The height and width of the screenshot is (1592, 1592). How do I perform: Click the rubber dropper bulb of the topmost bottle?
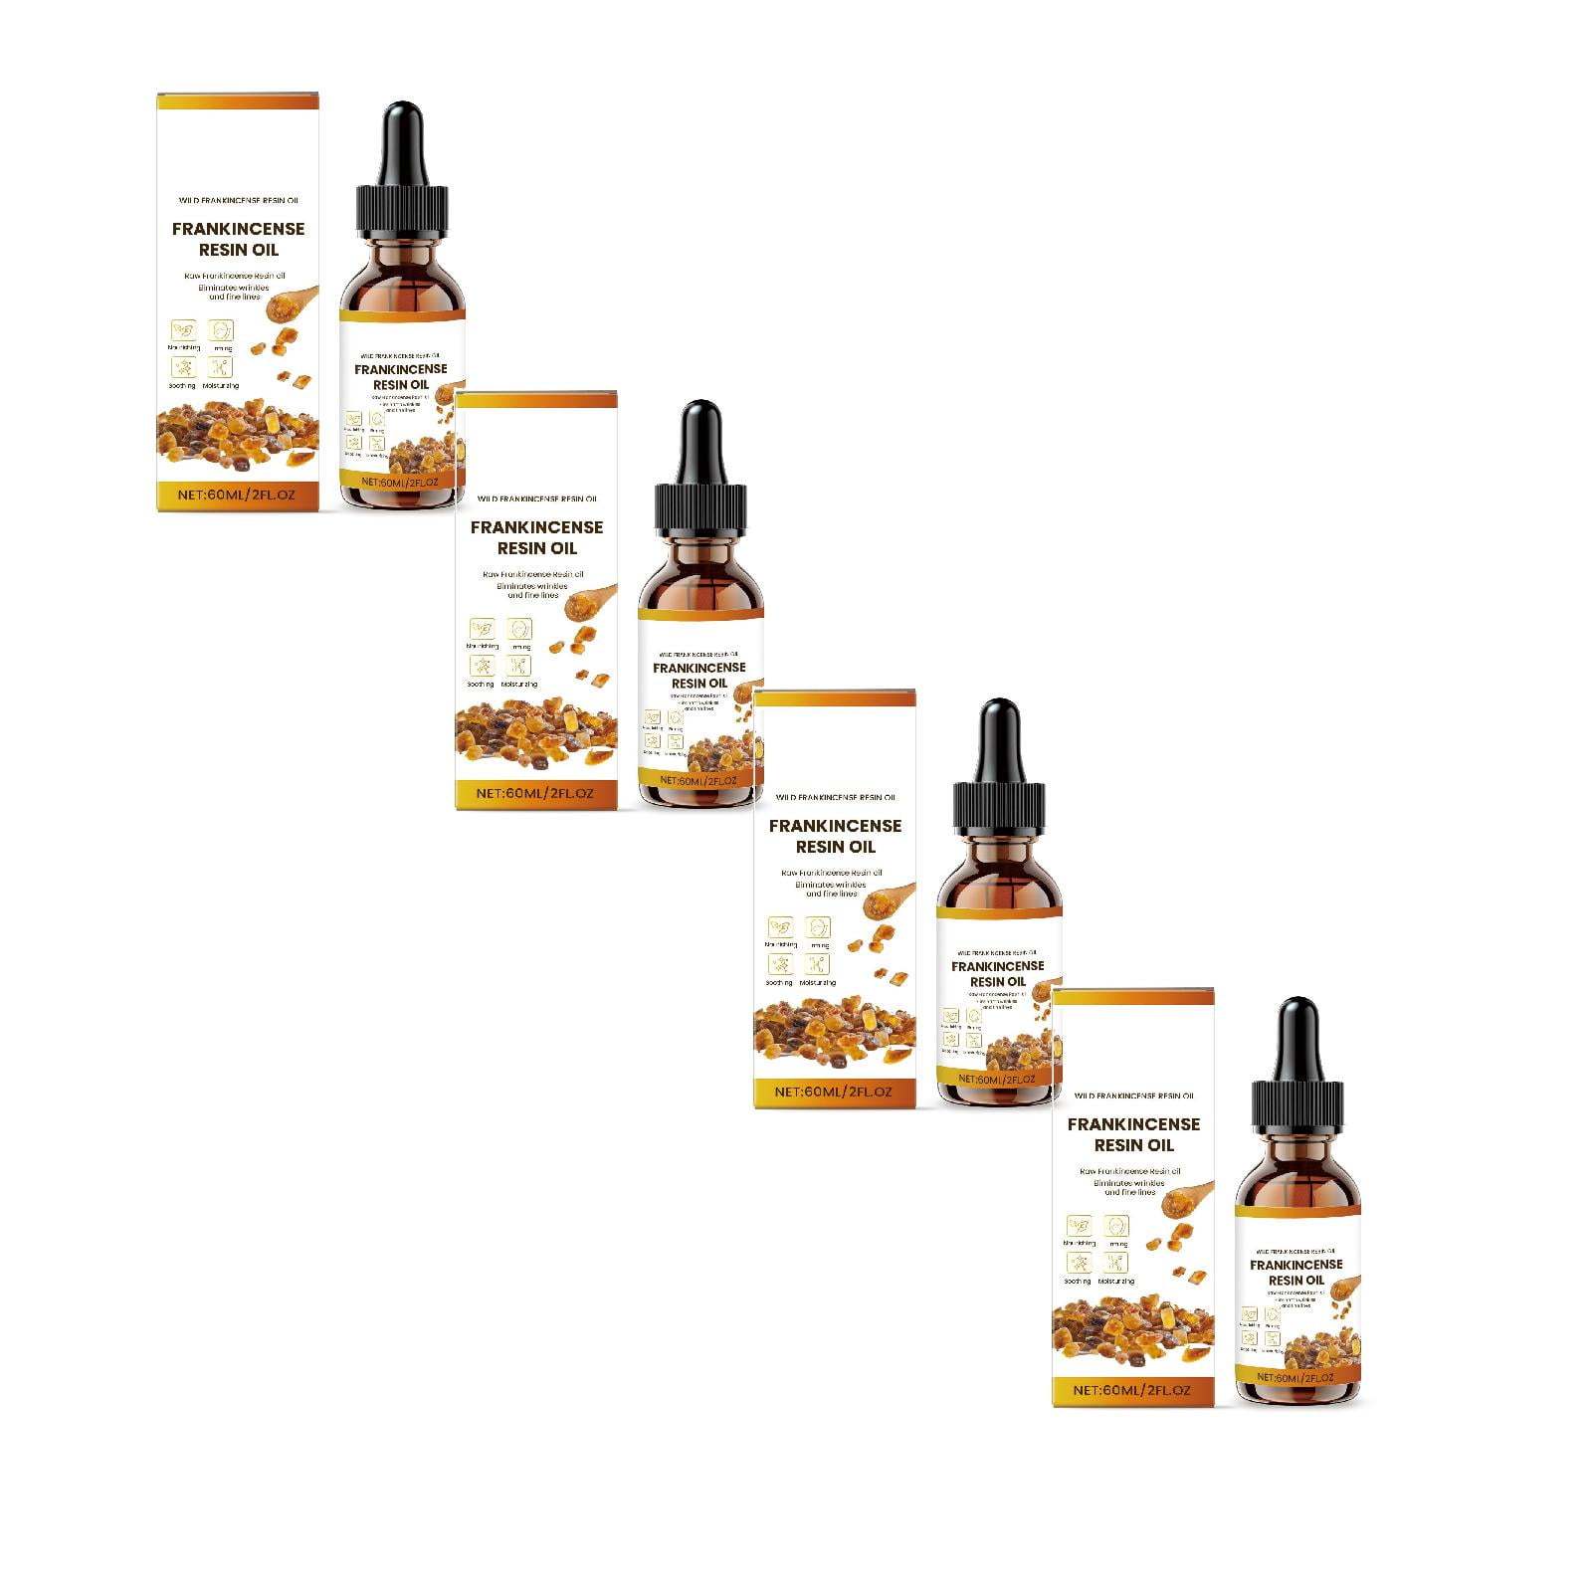coord(403,134)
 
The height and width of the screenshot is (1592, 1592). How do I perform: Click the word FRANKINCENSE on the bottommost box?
coord(1133,1123)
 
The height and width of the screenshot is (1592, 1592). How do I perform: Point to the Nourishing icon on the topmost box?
coord(183,329)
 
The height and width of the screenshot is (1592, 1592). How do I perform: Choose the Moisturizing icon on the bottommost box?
coord(1115,1263)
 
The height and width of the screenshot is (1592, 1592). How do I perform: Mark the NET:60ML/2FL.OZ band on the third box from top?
coord(835,1092)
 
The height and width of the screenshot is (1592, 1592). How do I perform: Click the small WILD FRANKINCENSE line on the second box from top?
coord(536,498)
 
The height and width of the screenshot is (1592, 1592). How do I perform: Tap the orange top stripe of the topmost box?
coord(238,100)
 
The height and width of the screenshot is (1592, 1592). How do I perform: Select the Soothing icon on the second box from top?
coord(482,666)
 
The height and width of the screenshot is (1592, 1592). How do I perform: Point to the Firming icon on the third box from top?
coord(818,927)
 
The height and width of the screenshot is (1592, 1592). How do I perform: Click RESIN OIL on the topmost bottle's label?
coord(401,385)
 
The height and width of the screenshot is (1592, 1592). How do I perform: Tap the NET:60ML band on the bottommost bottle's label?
coord(1296,1377)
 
